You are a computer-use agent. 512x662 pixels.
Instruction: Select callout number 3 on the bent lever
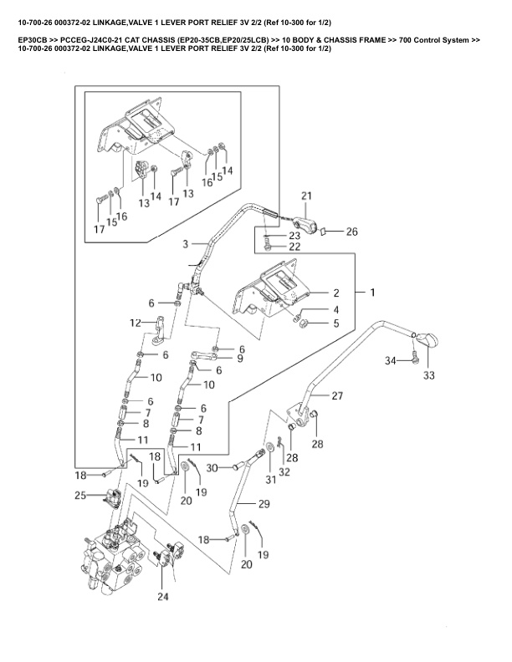pos(186,244)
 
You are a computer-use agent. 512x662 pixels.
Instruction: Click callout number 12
pos(135,323)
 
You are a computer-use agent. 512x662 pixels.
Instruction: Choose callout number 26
pos(352,232)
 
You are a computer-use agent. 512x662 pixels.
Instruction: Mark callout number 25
pos(80,496)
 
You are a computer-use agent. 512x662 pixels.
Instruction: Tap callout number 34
pos(391,360)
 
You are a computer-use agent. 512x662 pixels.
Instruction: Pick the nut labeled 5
pos(307,323)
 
